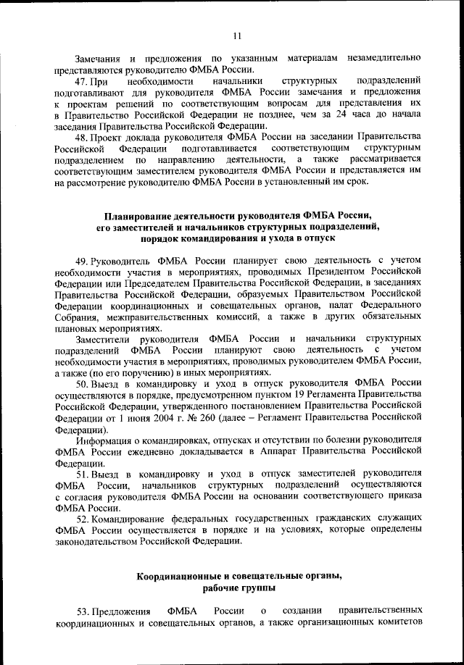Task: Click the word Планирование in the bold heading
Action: click(138, 215)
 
